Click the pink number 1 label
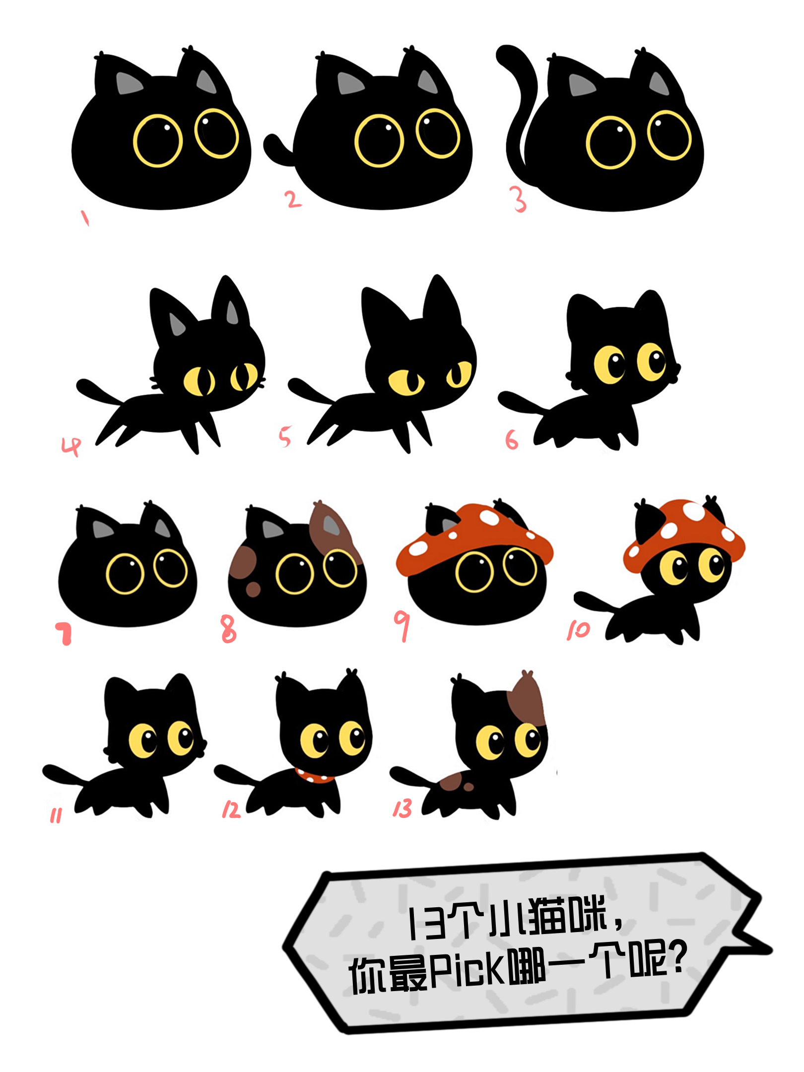[x=85, y=217]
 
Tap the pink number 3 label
[x=519, y=200]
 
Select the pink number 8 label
[x=228, y=628]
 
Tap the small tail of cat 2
[x=278, y=150]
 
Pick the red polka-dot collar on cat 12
[x=315, y=775]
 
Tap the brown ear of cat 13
[x=529, y=697]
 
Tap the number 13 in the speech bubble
[x=427, y=922]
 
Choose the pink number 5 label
[x=284, y=436]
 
